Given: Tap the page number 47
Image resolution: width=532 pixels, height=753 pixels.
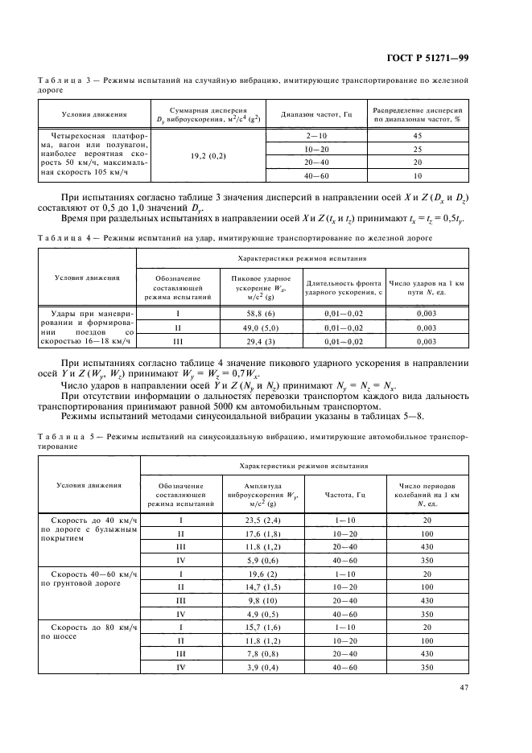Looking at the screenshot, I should click(464, 687).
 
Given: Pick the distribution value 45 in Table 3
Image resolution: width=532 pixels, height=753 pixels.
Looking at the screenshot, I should click(417, 136).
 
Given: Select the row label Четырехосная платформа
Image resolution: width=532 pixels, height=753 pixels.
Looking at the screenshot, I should click(89, 136).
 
